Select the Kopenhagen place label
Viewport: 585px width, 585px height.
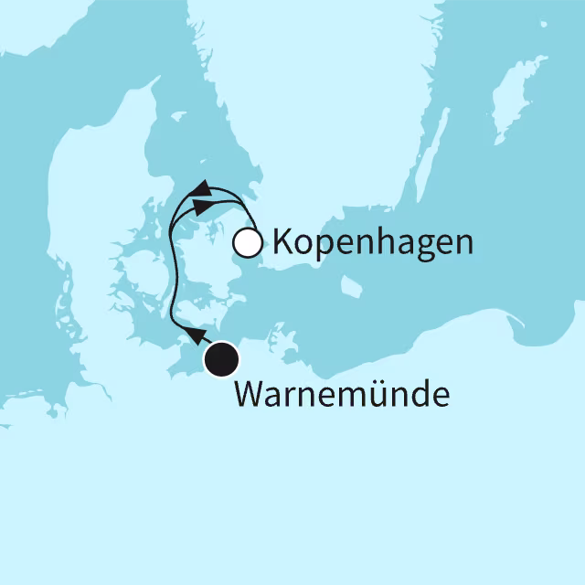pyautogui.click(x=373, y=244)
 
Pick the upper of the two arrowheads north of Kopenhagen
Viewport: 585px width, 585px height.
pyautogui.click(x=201, y=188)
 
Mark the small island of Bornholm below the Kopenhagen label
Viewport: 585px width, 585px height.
pyautogui.click(x=351, y=288)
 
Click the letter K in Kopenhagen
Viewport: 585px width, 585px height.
pyautogui.click(x=282, y=243)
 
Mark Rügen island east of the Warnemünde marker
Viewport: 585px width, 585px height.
pyautogui.click(x=289, y=345)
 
